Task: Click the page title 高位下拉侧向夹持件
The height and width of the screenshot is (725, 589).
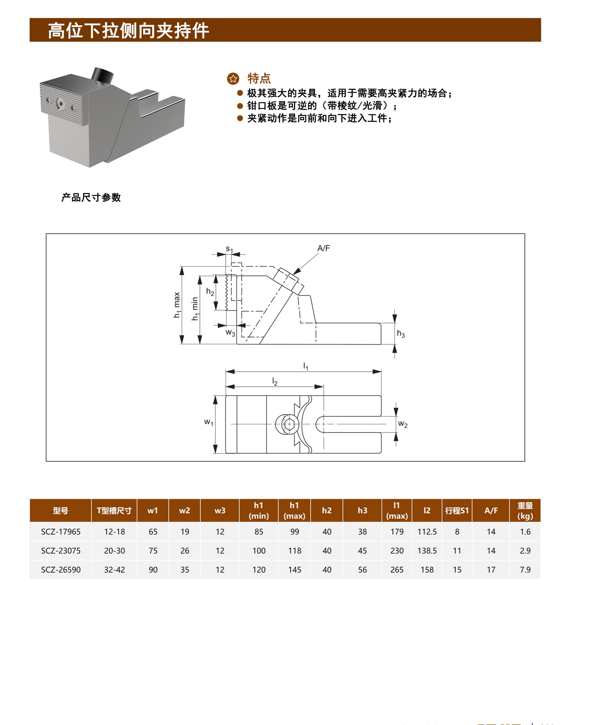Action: tap(128, 30)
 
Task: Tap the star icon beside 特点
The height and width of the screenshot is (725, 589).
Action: tap(233, 79)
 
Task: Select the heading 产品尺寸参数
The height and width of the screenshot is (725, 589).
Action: tap(91, 197)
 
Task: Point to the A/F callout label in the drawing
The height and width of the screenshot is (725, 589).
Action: tap(323, 248)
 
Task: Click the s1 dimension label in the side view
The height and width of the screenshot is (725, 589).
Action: tap(229, 249)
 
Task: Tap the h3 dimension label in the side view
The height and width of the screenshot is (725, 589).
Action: tap(401, 334)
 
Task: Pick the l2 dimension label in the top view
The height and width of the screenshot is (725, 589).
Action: tap(275, 382)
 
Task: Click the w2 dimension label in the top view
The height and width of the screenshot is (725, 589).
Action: tap(403, 424)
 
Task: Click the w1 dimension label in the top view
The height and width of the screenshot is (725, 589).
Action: tap(209, 423)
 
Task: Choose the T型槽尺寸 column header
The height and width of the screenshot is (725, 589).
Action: tap(114, 510)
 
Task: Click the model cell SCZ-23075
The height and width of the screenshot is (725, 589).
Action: tap(61, 550)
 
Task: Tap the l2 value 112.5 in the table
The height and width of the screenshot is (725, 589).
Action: tap(427, 532)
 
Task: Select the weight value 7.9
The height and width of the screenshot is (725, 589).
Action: tap(525, 569)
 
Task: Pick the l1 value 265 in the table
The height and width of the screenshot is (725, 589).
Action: tap(397, 569)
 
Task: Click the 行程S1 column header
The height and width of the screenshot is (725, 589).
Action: tap(457, 510)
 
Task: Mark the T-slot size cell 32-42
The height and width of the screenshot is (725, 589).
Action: tap(114, 569)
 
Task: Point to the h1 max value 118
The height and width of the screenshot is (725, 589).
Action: tap(295, 550)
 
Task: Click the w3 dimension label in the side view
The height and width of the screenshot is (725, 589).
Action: tap(230, 333)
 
